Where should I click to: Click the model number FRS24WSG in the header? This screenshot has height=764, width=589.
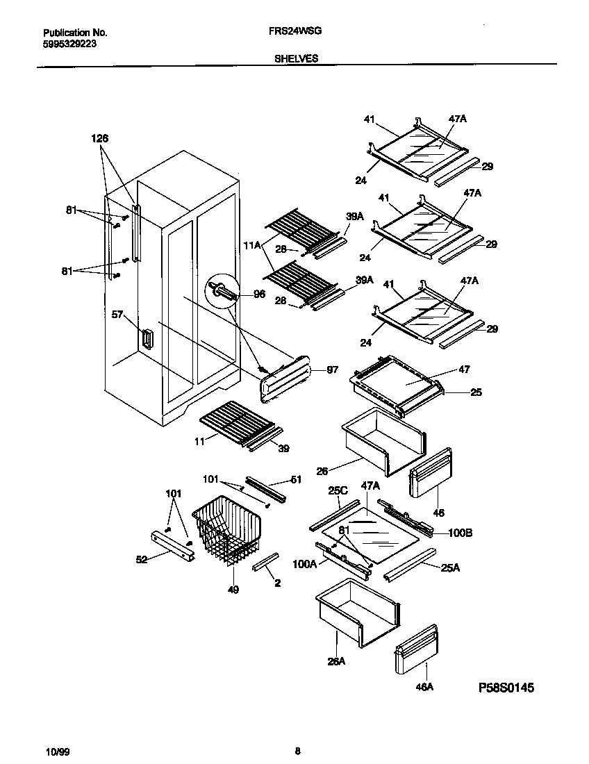point(294,32)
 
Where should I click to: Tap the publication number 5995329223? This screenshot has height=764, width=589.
point(69,43)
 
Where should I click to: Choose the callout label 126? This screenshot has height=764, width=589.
point(101,138)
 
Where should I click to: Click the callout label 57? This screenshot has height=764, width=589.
point(117,315)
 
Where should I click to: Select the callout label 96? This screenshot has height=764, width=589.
point(259,294)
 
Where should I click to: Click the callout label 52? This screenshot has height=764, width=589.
point(142,560)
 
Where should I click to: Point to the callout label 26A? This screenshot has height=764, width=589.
point(335,661)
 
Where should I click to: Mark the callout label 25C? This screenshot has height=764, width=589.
point(337,490)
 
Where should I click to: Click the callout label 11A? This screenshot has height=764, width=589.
point(251,245)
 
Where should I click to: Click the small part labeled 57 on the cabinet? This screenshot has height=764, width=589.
point(147,340)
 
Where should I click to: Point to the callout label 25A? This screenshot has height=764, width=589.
point(450,567)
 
